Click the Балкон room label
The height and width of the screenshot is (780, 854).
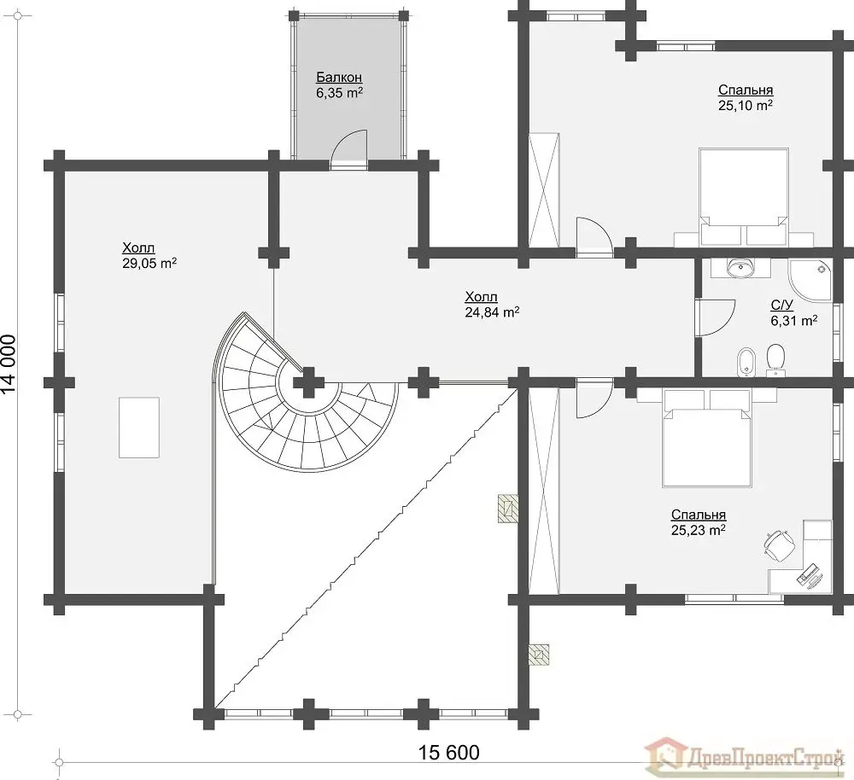point(339,78)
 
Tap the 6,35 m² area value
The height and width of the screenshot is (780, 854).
point(339,92)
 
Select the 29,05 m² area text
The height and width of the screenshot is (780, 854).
point(149,264)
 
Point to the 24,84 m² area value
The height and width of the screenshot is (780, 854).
point(492,311)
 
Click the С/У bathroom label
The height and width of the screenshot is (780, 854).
point(781,305)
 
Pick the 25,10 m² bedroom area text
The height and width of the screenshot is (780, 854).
point(745,105)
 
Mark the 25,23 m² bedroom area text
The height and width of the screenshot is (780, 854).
point(699,530)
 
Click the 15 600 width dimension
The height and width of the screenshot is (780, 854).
point(449,752)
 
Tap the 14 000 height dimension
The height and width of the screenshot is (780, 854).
point(9,364)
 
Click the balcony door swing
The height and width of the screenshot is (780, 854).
point(349,146)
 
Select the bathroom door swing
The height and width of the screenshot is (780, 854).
point(717,317)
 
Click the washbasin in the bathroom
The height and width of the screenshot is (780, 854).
point(741,267)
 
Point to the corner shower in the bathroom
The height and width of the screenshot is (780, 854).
point(810,280)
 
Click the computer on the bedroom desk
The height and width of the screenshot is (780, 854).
point(810,575)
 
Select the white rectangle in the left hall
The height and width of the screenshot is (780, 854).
point(139,428)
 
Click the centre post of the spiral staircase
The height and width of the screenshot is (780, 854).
point(309,382)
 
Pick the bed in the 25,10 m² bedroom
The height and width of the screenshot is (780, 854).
point(744,197)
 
